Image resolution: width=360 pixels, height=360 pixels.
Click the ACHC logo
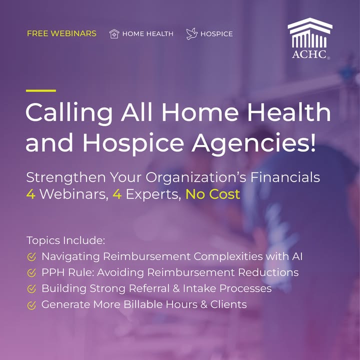coord(309,38)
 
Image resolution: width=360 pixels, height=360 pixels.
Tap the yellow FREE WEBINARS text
coord(61,33)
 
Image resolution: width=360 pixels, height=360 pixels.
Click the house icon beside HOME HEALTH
coord(114,34)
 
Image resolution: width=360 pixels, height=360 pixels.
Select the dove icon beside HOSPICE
coord(192,34)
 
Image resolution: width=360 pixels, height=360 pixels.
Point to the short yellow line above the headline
coord(41,90)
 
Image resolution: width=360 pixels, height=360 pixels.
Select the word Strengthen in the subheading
coord(66,178)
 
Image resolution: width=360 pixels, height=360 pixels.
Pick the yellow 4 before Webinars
coord(31,194)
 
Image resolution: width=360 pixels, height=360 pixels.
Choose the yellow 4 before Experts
coord(117,194)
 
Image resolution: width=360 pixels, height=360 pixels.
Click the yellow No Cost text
coord(212,194)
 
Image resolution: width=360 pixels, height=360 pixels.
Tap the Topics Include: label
coord(66,241)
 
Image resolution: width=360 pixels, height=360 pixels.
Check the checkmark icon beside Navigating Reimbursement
coord(31,257)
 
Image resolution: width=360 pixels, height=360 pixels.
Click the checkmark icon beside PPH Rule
coord(31,273)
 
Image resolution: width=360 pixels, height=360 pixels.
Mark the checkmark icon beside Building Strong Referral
coord(31,289)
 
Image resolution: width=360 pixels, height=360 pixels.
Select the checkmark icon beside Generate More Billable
coord(31,305)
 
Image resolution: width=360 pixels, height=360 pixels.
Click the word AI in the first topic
coord(297,256)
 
